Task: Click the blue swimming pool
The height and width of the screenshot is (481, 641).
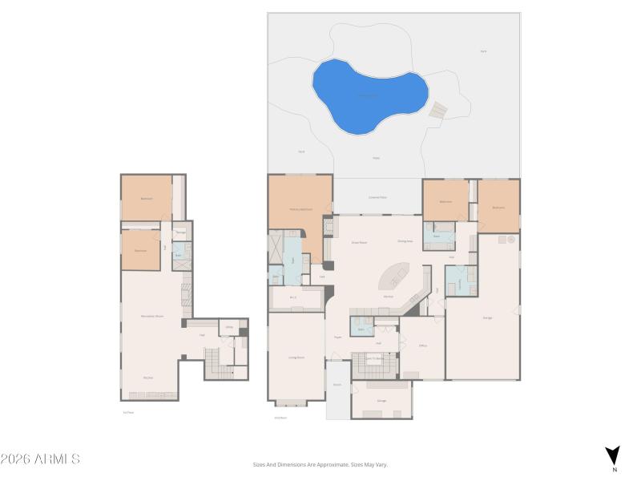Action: click(368, 95)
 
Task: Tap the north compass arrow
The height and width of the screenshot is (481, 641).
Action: click(613, 455)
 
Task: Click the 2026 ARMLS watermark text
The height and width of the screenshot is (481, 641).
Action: click(40, 459)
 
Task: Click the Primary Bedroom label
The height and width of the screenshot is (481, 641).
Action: click(300, 209)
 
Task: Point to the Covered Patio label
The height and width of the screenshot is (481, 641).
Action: click(377, 196)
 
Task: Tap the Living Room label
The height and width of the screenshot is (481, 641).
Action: click(296, 357)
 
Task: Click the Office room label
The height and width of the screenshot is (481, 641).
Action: click(422, 346)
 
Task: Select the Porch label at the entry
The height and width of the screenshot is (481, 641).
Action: click(338, 385)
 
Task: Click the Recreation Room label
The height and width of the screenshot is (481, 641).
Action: click(153, 316)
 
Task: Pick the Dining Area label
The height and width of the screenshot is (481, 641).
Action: click(405, 240)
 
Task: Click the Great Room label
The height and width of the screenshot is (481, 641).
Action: click(359, 241)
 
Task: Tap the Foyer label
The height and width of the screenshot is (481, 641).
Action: click(337, 338)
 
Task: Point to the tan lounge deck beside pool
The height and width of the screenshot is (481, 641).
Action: click(437, 111)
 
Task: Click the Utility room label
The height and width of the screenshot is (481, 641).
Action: click(228, 327)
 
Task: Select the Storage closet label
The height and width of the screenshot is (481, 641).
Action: click(181, 232)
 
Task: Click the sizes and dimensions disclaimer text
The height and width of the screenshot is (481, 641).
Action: click(320, 464)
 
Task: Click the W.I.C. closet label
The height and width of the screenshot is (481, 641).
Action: click(293, 298)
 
